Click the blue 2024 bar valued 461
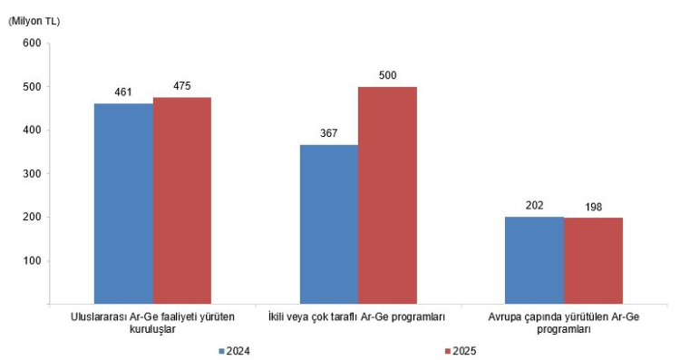123,203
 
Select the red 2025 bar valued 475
182,200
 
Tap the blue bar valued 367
329,224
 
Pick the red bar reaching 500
388,195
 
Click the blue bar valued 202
535,260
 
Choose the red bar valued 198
593,260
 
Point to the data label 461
123,92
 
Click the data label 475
182,86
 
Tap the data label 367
329,133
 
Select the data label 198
593,207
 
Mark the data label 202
534,205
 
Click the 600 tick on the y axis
33,43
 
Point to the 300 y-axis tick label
33,173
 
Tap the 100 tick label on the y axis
33,260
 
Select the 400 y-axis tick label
33,130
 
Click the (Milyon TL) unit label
34,21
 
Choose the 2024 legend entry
235,351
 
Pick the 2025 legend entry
461,351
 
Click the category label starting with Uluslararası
152,323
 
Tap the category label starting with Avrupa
564,323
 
